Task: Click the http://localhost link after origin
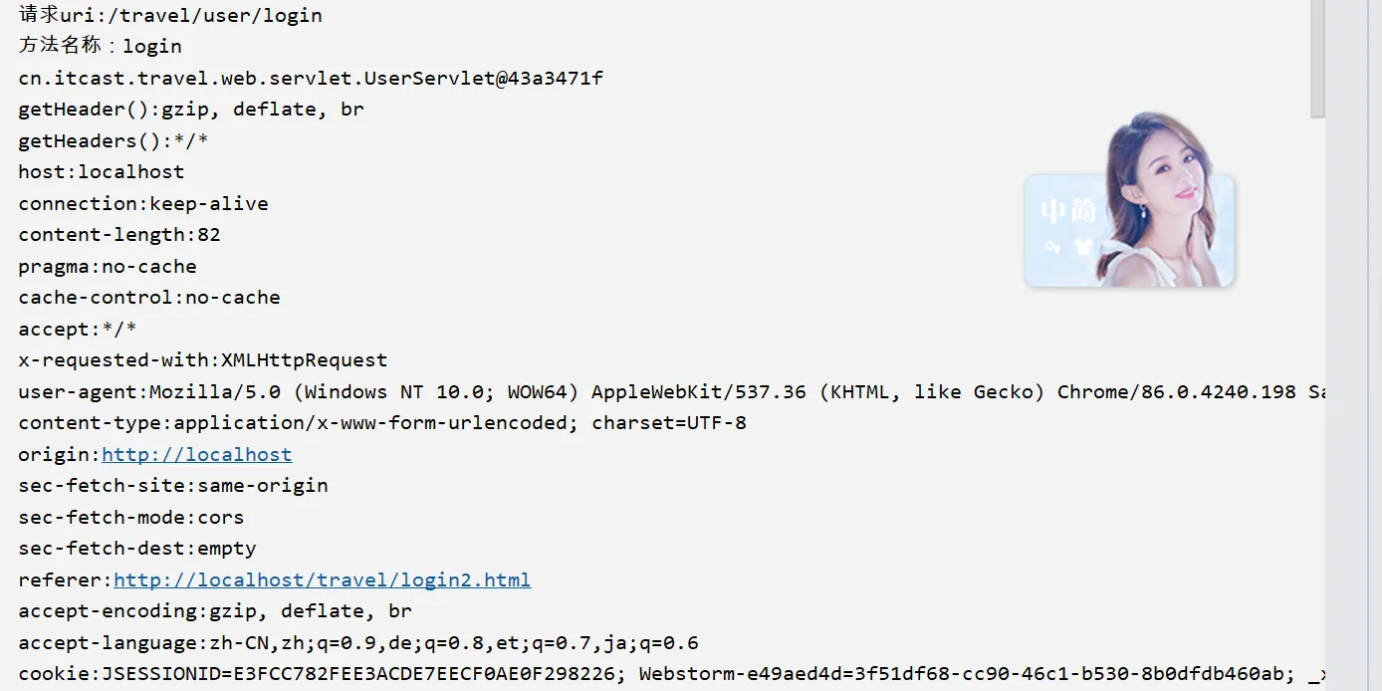pos(196,455)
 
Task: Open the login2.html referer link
pos(322,580)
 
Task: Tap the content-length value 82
pos(209,235)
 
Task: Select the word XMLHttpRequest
pos(304,360)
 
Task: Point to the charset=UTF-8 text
pos(669,423)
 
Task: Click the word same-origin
pos(263,486)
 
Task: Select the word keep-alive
pos(209,204)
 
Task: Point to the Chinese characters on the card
pos(1067,211)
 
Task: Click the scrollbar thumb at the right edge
pos(1317,60)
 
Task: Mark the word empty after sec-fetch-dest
pos(227,549)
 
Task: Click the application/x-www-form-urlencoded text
pos(373,423)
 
